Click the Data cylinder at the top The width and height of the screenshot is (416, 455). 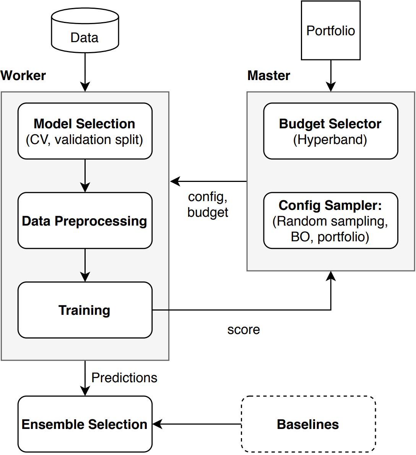pyautogui.click(x=85, y=31)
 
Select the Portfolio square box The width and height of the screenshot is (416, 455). pyautogui.click(x=331, y=31)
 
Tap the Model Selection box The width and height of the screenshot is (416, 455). pyautogui.click(x=85, y=131)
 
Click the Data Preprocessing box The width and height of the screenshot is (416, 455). pyautogui.click(x=85, y=221)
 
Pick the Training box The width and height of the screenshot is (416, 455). pyautogui.click(x=85, y=310)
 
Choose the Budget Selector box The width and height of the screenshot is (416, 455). pyautogui.click(x=331, y=131)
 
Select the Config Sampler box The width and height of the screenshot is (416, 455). pyautogui.click(x=331, y=221)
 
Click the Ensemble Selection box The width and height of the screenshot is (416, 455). pyautogui.click(x=85, y=424)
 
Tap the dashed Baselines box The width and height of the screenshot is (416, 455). pyautogui.click(x=308, y=424)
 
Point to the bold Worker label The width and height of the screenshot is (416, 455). pyautogui.click(x=23, y=75)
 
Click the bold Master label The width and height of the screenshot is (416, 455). pyautogui.click(x=269, y=75)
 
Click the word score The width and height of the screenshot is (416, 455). pyautogui.click(x=244, y=329)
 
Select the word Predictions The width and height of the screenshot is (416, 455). pyautogui.click(x=124, y=378)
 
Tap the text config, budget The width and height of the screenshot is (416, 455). pyautogui.click(x=208, y=205)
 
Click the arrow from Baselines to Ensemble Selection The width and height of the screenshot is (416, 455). pyautogui.click(x=197, y=424)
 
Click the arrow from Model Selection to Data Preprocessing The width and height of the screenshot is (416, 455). pyautogui.click(x=85, y=175)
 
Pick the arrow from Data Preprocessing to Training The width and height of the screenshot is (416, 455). pyautogui.click(x=85, y=265)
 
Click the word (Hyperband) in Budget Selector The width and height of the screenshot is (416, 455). pyautogui.click(x=330, y=140)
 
